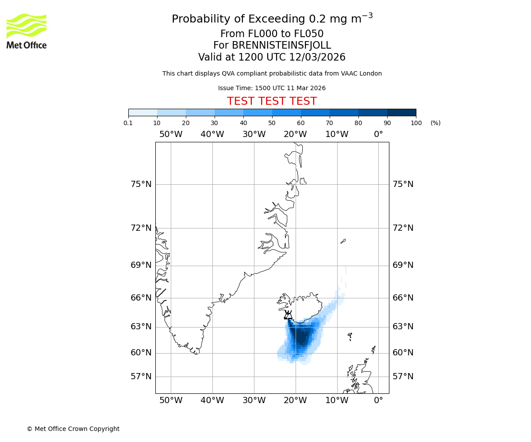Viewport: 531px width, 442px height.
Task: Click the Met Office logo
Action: coord(27,31)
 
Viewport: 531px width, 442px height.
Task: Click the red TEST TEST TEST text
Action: coord(272,101)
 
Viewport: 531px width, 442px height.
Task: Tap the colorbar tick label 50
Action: coord(272,123)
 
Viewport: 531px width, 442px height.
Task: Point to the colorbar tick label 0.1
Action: coord(128,123)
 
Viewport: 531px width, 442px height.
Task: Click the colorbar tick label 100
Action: coord(416,123)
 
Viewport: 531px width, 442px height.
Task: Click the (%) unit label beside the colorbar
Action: coord(435,123)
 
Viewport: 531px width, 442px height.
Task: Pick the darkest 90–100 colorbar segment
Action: coord(401,112)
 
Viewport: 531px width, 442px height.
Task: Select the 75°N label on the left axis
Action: coord(141,184)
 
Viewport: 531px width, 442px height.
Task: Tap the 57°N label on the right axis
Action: coord(403,377)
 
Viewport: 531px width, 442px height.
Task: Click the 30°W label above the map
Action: coord(254,134)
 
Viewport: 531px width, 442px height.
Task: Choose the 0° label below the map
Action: coord(378,400)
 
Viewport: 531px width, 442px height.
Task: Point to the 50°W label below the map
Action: coord(171,400)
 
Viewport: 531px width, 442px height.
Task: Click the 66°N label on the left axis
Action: coord(141,298)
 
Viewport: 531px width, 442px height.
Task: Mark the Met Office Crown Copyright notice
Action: coord(73,429)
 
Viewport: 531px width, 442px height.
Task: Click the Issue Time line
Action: coord(272,88)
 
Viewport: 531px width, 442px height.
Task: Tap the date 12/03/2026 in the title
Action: coord(317,57)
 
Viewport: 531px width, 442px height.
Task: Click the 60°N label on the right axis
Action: coord(403,353)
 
